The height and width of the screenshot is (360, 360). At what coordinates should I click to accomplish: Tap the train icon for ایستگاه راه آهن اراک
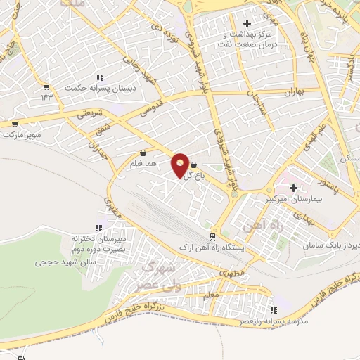[212, 237]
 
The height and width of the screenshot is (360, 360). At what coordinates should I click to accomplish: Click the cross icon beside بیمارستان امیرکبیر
[293, 188]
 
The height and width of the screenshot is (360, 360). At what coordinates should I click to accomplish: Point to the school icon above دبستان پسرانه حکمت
[100, 77]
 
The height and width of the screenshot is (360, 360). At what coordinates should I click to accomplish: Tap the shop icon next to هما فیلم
[143, 153]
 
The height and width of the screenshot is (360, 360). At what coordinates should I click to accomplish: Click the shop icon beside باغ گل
[193, 165]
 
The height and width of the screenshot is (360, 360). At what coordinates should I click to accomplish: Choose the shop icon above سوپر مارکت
[14, 122]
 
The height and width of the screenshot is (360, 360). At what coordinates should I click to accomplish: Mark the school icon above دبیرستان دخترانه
[98, 228]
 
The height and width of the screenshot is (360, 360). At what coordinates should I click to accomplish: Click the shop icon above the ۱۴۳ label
[46, 87]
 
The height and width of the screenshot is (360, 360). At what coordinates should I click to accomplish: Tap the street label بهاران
[292, 92]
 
